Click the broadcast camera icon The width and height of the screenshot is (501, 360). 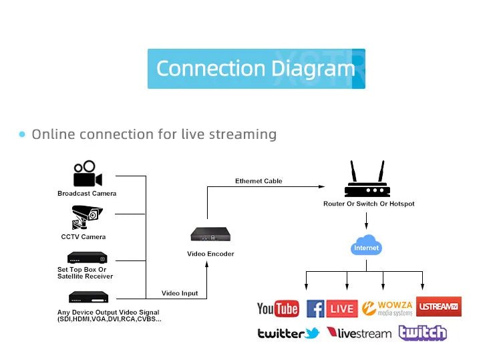[88, 174]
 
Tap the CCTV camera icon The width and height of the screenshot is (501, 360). [86, 218]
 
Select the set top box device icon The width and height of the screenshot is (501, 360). [87, 258]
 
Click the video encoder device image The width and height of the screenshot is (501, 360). [210, 235]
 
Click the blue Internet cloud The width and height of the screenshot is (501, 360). [366, 246]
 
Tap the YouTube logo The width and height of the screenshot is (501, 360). [277, 309]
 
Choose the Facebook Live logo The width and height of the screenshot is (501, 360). [332, 308]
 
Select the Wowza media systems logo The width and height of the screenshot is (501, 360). [386, 308]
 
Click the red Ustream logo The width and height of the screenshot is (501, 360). [438, 307]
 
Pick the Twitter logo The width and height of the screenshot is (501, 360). [289, 333]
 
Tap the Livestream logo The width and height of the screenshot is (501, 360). [359, 333]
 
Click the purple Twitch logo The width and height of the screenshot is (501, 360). [422, 332]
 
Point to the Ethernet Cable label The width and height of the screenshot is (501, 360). [259, 181]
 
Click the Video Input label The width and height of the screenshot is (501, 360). [180, 293]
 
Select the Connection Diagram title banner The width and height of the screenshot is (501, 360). [256, 68]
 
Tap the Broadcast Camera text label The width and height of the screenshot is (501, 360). [87, 194]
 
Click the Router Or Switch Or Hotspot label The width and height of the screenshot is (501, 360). [369, 203]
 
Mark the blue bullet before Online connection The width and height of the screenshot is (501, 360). [22, 134]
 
